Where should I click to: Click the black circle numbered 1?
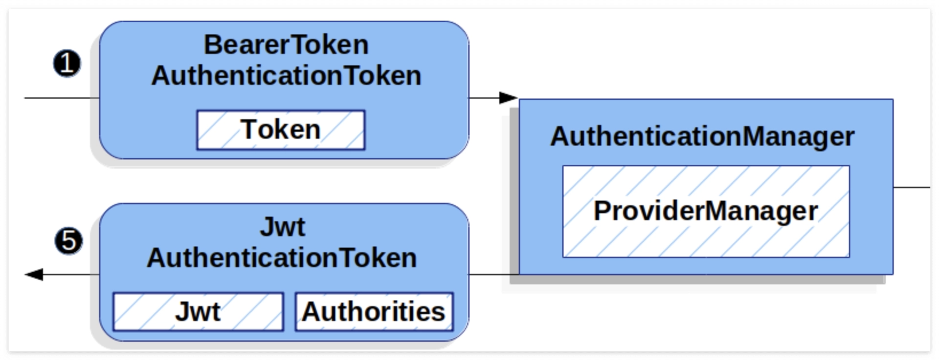pyautogui.click(x=67, y=63)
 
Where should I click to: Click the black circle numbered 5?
pyautogui.click(x=69, y=241)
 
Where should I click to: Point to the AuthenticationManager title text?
pyautogui.click(x=702, y=136)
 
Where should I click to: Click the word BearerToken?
pyautogui.click(x=286, y=45)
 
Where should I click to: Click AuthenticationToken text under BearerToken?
pyautogui.click(x=286, y=76)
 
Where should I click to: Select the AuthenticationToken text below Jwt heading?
pyautogui.click(x=281, y=258)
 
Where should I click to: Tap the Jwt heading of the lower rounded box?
pyautogui.click(x=282, y=227)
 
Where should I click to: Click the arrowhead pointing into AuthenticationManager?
pyautogui.click(x=508, y=98)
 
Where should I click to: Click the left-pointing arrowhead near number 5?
pyautogui.click(x=34, y=275)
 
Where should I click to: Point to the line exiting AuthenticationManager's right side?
pyautogui.click(x=911, y=187)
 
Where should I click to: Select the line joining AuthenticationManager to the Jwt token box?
pyautogui.click(x=494, y=275)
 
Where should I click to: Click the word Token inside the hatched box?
pyautogui.click(x=280, y=130)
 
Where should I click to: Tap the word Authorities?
pyautogui.click(x=374, y=312)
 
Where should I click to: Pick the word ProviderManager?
pyautogui.click(x=705, y=211)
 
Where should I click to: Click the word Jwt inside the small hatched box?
pyautogui.click(x=198, y=312)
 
